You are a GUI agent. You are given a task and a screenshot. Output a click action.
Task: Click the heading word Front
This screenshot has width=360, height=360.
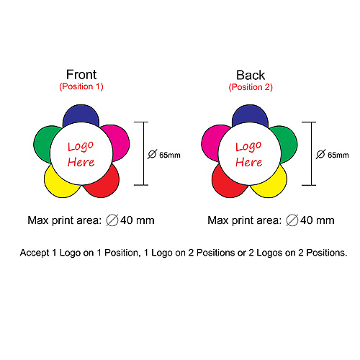[x=81, y=75]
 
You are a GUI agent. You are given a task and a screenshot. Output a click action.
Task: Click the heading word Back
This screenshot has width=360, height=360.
[x=251, y=75]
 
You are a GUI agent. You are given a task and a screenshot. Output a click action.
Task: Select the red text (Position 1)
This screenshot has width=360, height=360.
[x=81, y=86]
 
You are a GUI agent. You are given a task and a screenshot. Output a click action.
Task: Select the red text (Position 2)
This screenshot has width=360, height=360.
[x=251, y=87]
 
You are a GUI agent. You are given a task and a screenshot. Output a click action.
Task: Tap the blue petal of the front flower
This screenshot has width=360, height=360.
[x=81, y=114]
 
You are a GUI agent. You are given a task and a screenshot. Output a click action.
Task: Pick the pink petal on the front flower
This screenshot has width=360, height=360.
[x=119, y=142]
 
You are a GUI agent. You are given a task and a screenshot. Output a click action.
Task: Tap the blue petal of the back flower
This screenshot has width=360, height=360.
[x=250, y=114]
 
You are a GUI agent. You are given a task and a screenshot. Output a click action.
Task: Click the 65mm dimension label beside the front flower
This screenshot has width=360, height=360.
[x=170, y=155]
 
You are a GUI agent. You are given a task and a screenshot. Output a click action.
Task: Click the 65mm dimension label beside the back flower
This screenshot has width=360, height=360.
[x=338, y=155]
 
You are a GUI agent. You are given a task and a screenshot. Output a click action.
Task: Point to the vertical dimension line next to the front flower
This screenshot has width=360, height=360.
[x=144, y=153]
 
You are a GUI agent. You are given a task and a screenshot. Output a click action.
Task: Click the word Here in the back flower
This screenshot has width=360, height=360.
[x=249, y=162]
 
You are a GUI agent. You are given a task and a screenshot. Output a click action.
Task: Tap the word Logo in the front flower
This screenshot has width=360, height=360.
[x=81, y=146]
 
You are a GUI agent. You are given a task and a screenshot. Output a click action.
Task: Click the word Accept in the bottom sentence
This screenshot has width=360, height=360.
[x=35, y=253]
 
